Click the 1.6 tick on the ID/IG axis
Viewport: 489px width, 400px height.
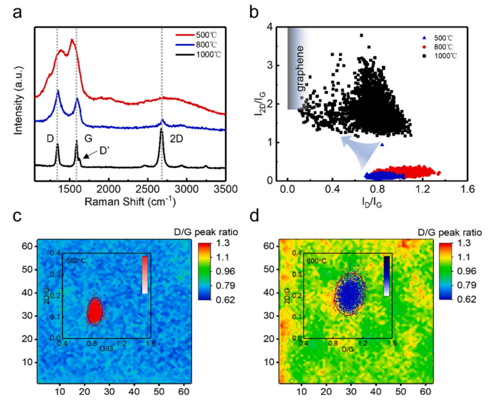(x=466, y=191)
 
